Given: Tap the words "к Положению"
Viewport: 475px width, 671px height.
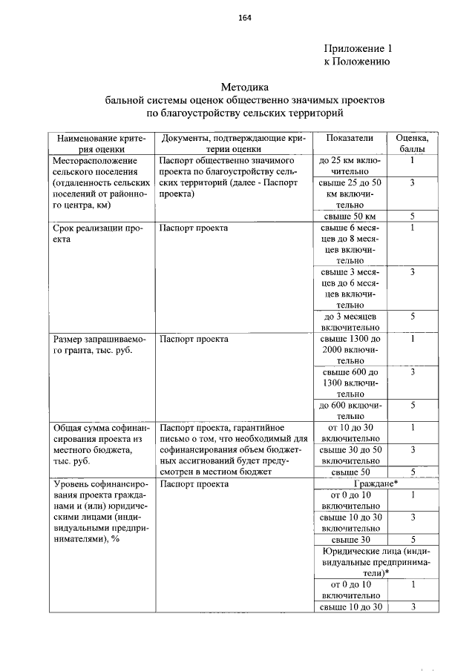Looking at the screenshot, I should [357, 62].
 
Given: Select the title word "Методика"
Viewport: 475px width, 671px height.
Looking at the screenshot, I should [244, 87].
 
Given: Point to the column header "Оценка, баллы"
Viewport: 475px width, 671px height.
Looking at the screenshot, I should [411, 144].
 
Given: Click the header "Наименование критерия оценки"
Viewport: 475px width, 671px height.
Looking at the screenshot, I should [101, 144].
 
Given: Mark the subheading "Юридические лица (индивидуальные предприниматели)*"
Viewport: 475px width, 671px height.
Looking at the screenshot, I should [375, 562].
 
